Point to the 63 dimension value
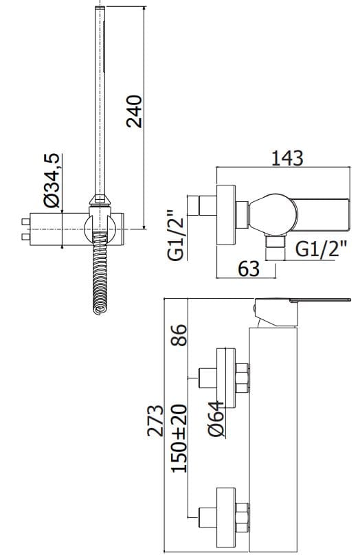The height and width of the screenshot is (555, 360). coord(249,269)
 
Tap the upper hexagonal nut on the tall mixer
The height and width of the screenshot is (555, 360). coord(243,376)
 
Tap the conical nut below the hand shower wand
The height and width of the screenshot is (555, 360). coord(100,202)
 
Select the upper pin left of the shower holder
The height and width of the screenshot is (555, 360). coord(26,222)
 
